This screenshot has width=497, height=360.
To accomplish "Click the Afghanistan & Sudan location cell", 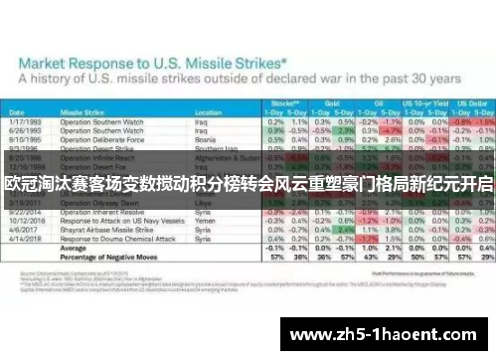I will coord(210,157).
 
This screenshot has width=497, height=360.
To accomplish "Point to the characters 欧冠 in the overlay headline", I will coord(22,184).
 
